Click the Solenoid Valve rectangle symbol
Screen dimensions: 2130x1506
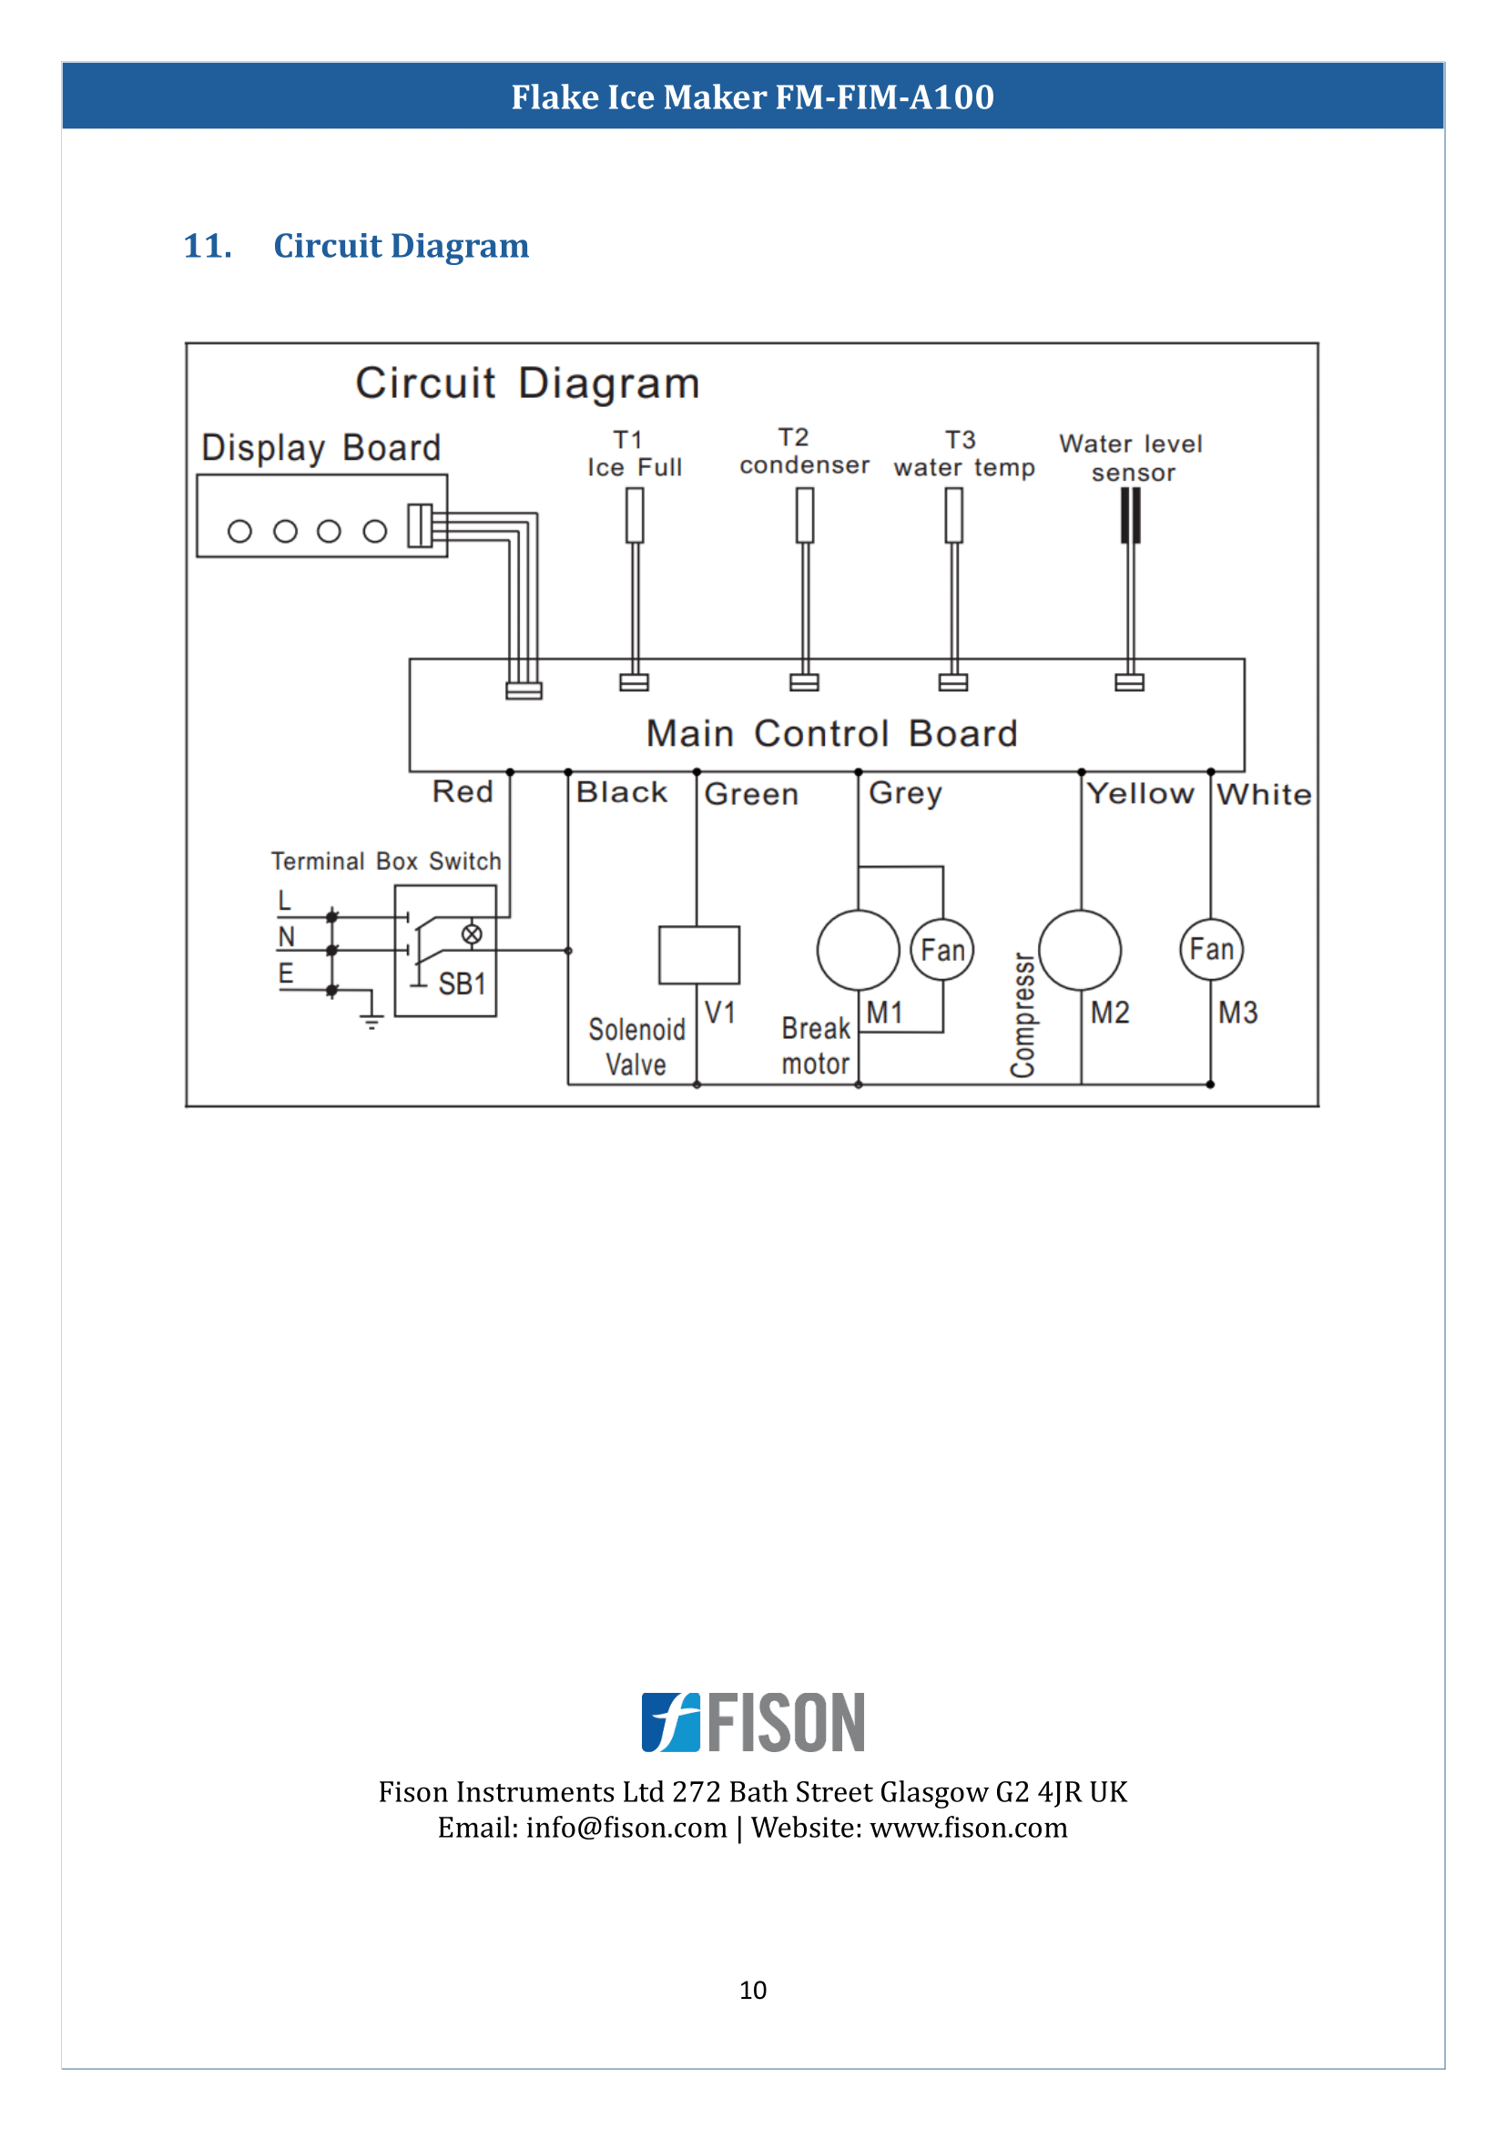click(x=698, y=953)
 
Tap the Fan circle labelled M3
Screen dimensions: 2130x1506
click(x=1211, y=949)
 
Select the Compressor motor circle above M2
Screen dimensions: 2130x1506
click(x=1080, y=950)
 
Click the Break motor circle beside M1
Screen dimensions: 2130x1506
click(x=858, y=950)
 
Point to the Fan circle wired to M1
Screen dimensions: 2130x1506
click(x=942, y=950)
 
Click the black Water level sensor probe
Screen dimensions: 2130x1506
click(x=1131, y=515)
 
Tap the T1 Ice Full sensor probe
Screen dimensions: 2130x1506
click(x=635, y=515)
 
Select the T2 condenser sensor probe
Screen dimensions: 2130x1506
click(x=805, y=515)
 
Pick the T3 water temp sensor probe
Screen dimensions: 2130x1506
click(x=953, y=515)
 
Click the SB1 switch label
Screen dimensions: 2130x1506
click(x=462, y=983)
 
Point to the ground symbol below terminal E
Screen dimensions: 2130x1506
click(x=371, y=1021)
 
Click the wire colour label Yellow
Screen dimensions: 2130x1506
click(x=1141, y=794)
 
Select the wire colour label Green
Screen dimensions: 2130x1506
click(x=751, y=795)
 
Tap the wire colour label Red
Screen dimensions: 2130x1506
click(x=463, y=792)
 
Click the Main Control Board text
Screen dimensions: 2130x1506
click(x=832, y=734)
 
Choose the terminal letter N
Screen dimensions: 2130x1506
click(x=287, y=937)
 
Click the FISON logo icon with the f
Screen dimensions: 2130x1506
click(x=671, y=1722)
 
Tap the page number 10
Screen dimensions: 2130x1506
click(x=753, y=1989)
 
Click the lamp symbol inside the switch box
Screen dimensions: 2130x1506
click(x=472, y=934)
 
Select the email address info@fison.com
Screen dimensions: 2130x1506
click(x=626, y=1828)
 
